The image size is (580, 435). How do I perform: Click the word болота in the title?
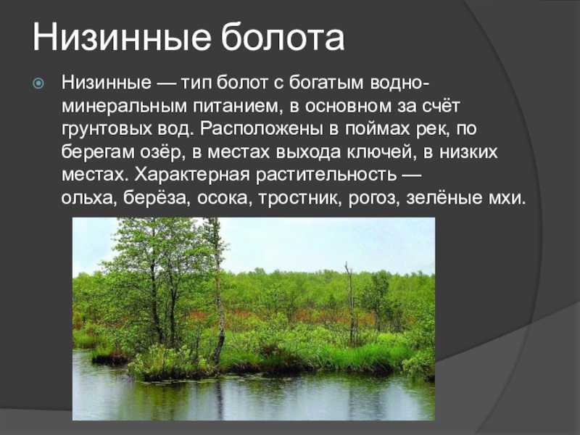283,38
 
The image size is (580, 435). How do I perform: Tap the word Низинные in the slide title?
122,38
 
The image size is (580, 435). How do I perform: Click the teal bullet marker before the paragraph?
38,83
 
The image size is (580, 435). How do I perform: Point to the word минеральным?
125,106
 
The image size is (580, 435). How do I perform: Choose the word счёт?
441,106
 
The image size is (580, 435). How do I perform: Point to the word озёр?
162,152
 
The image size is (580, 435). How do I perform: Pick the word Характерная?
192,175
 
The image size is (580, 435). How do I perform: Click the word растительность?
326,175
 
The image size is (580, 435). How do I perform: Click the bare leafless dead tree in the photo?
350,304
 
